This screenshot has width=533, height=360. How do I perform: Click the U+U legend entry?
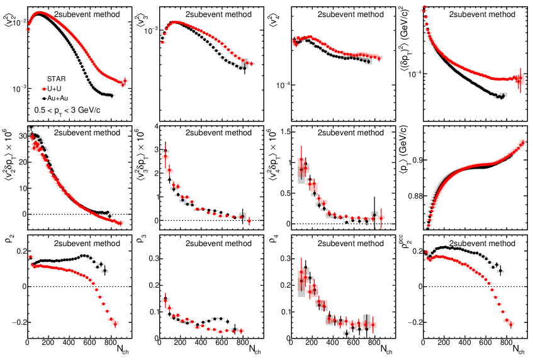[x=57, y=89]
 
